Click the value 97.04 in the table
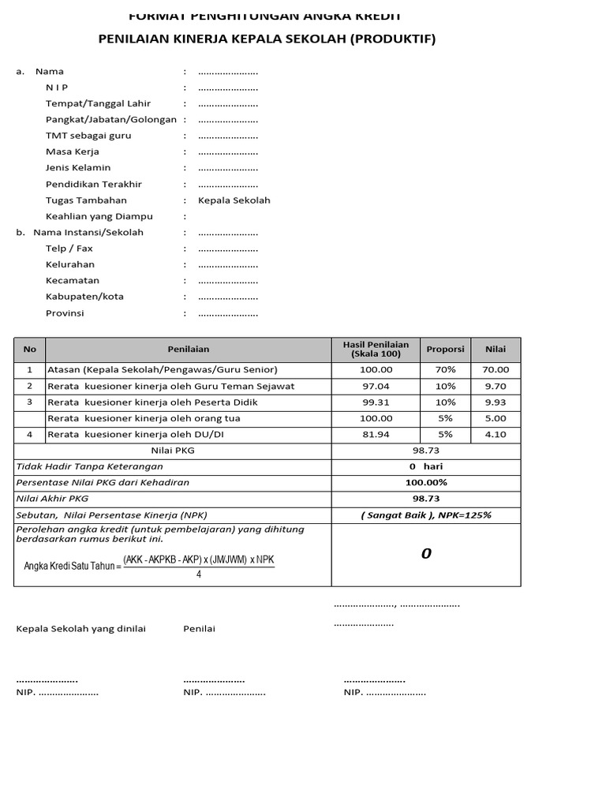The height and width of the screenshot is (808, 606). (x=376, y=386)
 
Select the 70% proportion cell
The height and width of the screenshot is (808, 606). (x=445, y=369)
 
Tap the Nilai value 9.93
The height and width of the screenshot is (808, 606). (x=496, y=402)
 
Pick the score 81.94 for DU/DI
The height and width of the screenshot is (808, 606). (x=376, y=434)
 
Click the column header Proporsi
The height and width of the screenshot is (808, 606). (x=445, y=349)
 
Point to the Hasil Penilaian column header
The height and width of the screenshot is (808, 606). (x=376, y=349)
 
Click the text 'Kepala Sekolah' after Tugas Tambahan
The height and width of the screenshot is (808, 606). (x=234, y=200)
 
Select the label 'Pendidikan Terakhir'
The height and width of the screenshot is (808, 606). (x=94, y=184)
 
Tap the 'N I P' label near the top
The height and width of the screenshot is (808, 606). (x=57, y=87)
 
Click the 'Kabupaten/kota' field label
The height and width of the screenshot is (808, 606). (x=84, y=297)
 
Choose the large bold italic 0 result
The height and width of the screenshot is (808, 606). (x=426, y=554)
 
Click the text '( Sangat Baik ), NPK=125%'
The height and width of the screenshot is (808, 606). (x=426, y=514)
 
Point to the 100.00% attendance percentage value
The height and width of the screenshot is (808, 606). (x=426, y=482)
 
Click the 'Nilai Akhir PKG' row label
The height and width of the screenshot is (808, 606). (x=53, y=499)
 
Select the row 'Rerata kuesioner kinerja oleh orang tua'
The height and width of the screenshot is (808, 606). (x=144, y=418)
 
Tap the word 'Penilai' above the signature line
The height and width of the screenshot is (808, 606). (x=199, y=628)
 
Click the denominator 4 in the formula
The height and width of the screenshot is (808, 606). (x=199, y=574)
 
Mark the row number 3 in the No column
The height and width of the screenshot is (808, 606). (x=30, y=402)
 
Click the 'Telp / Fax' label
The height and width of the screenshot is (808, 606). (x=69, y=249)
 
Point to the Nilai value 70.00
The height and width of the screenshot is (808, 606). (x=496, y=369)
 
